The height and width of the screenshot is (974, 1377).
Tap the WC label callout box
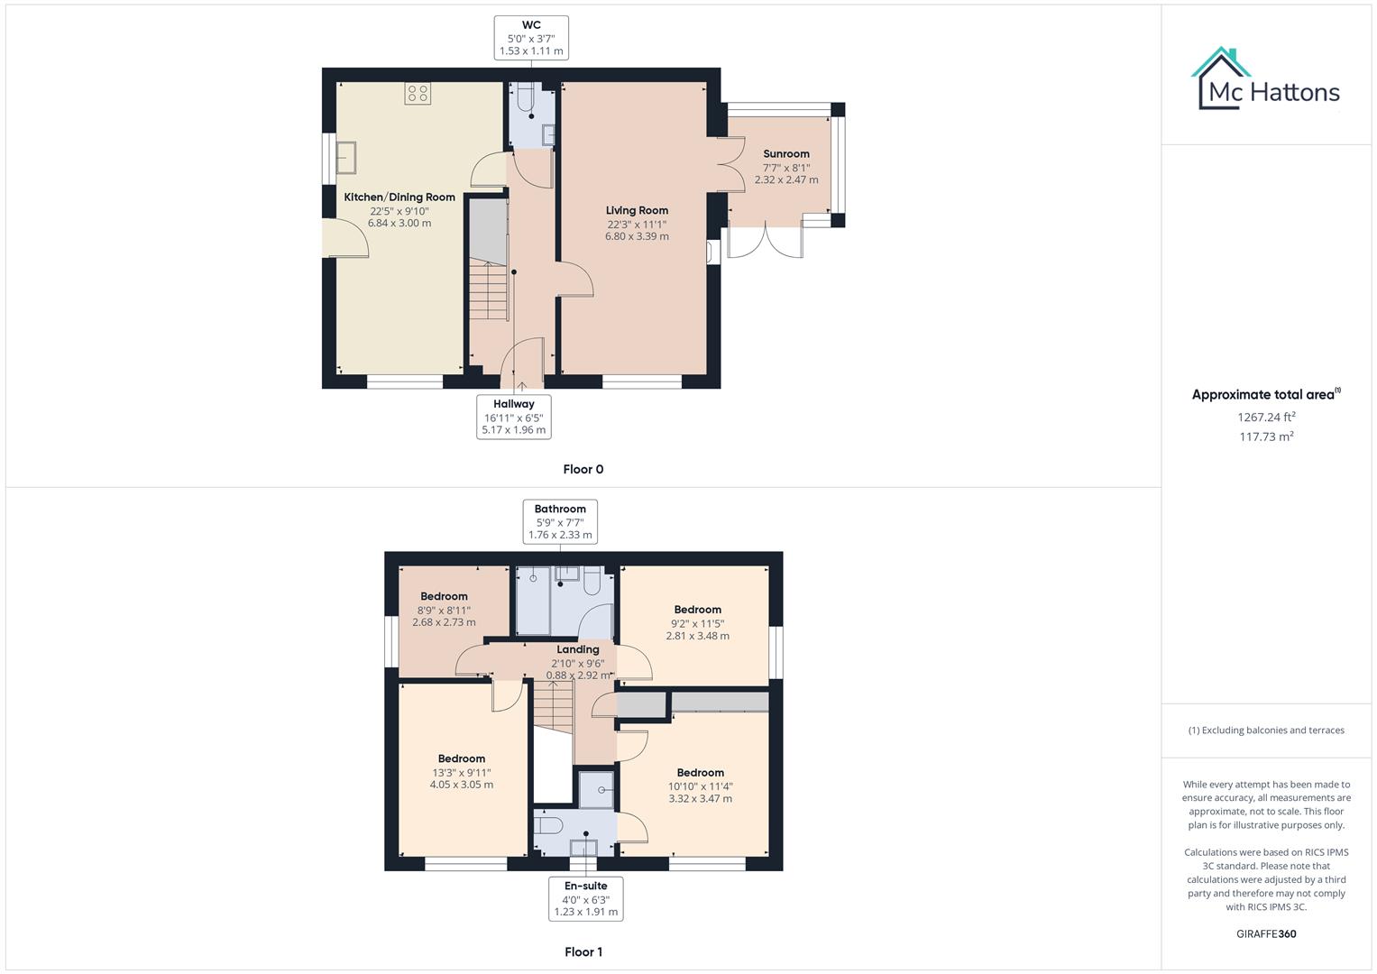pyautogui.click(x=531, y=38)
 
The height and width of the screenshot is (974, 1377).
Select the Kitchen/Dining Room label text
pyautogui.click(x=399, y=197)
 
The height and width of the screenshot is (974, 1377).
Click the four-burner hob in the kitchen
pyautogui.click(x=418, y=93)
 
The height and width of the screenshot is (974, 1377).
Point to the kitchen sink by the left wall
pyautogui.click(x=346, y=157)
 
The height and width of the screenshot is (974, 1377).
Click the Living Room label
pyautogui.click(x=637, y=210)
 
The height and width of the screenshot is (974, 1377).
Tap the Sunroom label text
pyautogui.click(x=786, y=154)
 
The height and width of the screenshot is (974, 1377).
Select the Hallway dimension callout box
pyautogui.click(x=513, y=417)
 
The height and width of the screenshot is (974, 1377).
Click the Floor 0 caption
pyautogui.click(x=583, y=469)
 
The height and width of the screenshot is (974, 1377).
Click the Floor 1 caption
pyautogui.click(x=583, y=951)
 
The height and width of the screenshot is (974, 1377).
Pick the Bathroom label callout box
pyautogui.click(x=560, y=521)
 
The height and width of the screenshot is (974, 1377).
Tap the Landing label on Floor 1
pyautogui.click(x=577, y=649)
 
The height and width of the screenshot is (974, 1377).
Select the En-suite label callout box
pyautogui.click(x=585, y=898)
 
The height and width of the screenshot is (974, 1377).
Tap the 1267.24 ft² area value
pyautogui.click(x=1265, y=417)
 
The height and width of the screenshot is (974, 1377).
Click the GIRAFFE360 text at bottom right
pyautogui.click(x=1265, y=933)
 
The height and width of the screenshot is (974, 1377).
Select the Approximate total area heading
pyautogui.click(x=1265, y=394)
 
